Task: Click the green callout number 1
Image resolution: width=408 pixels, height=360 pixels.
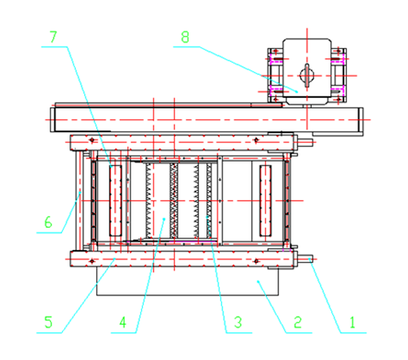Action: (353, 322)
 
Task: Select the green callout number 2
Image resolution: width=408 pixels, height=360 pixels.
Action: (298, 322)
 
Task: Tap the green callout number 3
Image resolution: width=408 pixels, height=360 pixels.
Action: (237, 322)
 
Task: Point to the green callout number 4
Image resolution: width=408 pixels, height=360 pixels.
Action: (122, 322)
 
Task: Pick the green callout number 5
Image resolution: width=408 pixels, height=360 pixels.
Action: (48, 322)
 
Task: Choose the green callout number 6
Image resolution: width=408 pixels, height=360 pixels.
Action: (48, 222)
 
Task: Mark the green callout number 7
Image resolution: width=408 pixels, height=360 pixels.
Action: (53, 37)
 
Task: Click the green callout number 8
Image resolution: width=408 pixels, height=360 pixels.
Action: (185, 37)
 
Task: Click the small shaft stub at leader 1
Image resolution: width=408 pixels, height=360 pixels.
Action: (305, 259)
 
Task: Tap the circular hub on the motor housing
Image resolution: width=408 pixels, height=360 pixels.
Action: (307, 75)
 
